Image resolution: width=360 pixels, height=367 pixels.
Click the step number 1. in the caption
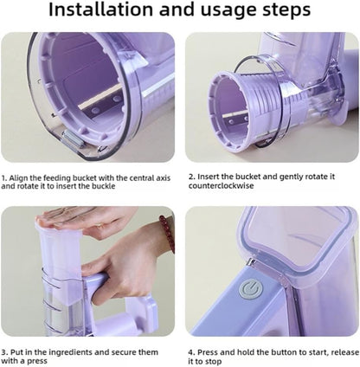click(x=5, y=176)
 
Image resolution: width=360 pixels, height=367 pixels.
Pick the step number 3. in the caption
click(x=5, y=352)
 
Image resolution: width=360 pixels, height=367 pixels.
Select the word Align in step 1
click(x=21, y=176)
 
